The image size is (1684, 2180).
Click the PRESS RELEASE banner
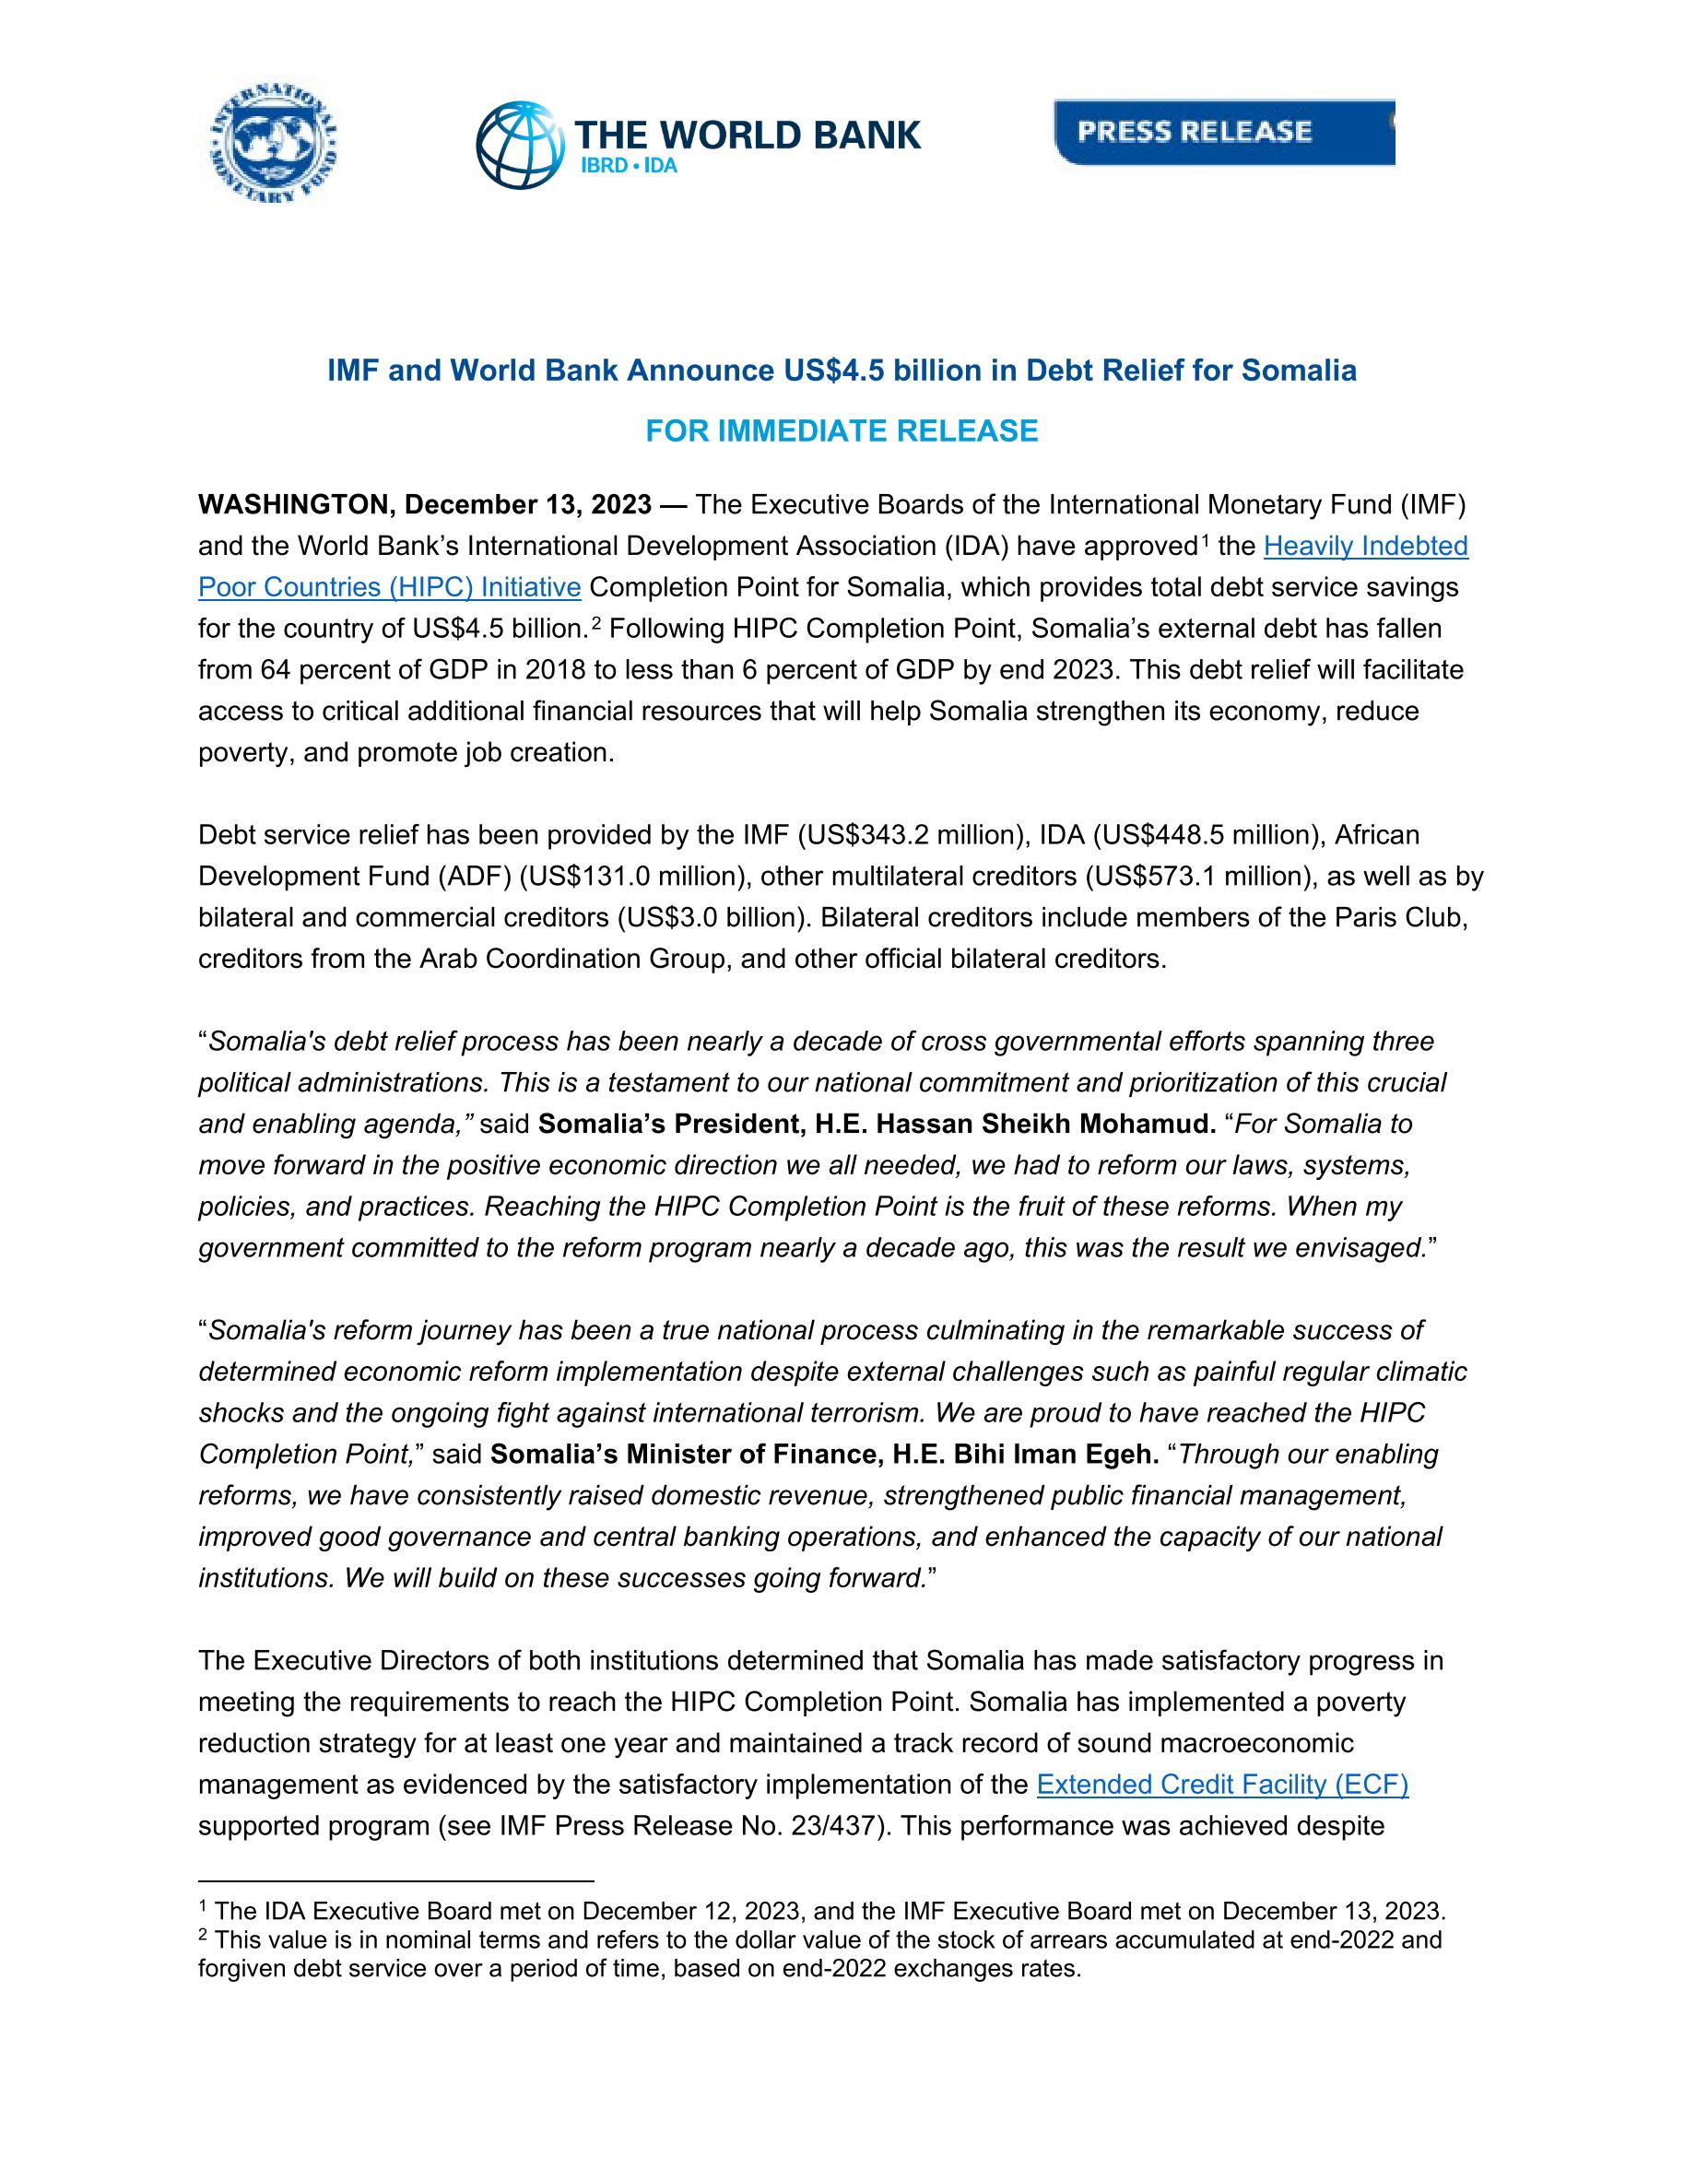coord(1223,132)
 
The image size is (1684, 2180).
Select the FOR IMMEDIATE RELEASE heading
coord(842,431)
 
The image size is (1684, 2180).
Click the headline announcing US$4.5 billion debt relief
coord(842,371)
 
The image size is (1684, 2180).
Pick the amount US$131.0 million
coord(633,877)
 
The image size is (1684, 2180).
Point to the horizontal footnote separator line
coord(396,1880)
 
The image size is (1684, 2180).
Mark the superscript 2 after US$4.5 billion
coord(594,624)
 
